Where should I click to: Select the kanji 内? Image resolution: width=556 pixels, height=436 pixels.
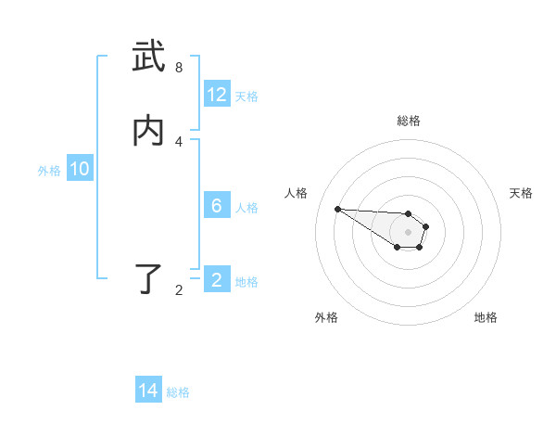point(148,131)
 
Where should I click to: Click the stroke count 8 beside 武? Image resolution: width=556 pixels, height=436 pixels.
point(179,68)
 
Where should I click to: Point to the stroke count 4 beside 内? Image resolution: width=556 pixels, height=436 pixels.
point(179,141)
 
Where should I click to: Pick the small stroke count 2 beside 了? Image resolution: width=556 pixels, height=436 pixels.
point(179,290)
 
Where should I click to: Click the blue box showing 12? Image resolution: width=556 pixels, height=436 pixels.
point(217,95)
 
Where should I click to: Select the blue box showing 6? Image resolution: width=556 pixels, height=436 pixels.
point(217,206)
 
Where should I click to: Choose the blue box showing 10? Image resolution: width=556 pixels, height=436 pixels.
point(80,170)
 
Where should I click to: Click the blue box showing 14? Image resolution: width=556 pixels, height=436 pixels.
point(148,391)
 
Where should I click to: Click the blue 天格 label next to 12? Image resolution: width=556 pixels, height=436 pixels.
point(246,96)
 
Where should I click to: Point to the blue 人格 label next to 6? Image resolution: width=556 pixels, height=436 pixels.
point(246,207)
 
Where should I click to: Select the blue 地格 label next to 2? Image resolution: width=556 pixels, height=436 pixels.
point(246,282)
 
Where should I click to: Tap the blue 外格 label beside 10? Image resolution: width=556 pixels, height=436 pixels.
point(49,171)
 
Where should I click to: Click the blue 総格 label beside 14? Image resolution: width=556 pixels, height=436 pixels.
point(178,392)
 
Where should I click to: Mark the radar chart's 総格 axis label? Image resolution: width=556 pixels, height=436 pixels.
point(409,121)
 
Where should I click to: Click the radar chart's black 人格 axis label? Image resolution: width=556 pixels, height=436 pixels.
point(297,193)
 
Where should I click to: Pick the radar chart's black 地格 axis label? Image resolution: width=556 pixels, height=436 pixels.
point(486,317)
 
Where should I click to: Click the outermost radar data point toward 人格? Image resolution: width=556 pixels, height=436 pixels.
point(337,209)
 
